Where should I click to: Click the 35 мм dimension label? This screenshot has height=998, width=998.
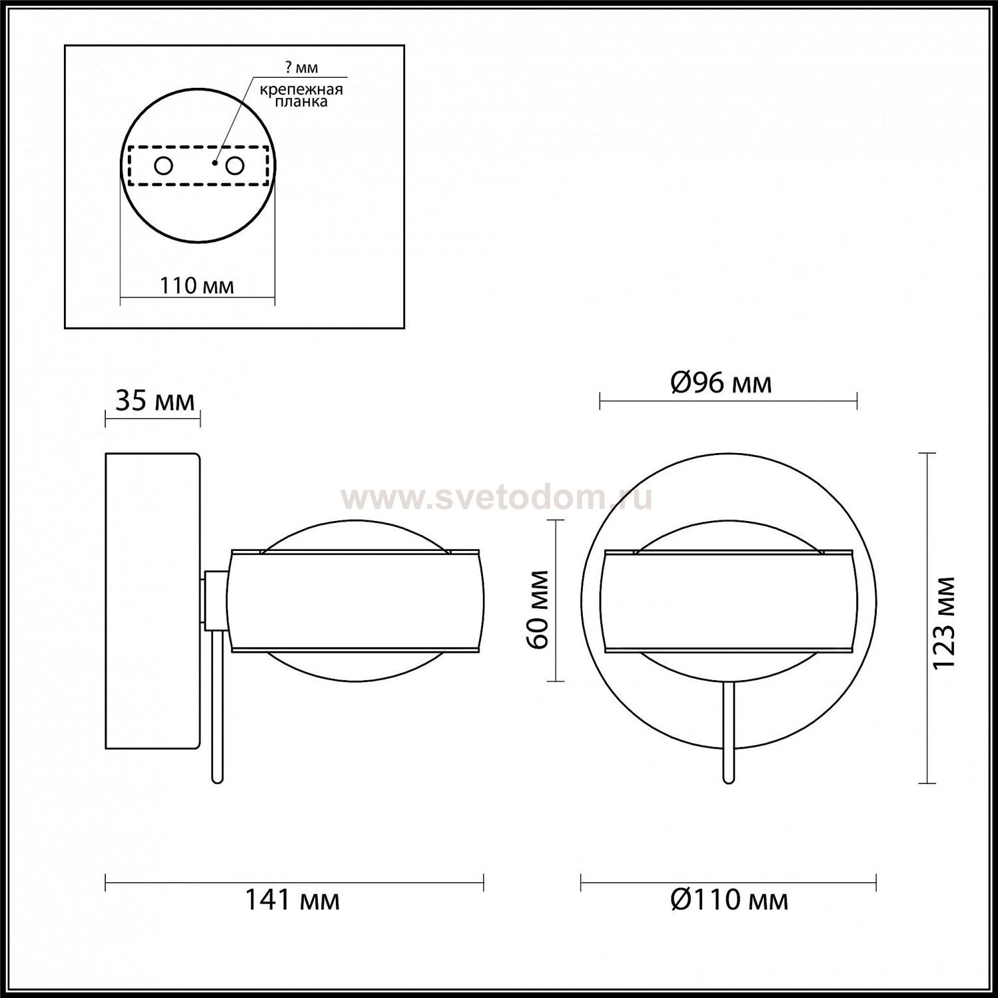tap(155, 401)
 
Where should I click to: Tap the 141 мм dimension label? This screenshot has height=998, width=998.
tap(293, 900)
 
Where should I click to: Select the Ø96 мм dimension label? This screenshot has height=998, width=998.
tap(721, 383)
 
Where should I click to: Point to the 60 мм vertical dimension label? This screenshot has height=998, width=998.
tap(538, 609)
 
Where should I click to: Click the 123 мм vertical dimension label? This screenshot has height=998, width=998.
tap(944, 623)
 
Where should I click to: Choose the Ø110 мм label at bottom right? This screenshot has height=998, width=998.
tap(729, 900)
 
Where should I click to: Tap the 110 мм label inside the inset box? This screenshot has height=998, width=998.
tap(197, 285)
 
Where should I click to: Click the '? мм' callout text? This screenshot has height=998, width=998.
tap(302, 68)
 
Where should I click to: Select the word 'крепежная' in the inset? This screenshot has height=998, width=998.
tap(301, 90)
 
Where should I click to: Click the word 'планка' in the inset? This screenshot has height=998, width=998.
tap(302, 102)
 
